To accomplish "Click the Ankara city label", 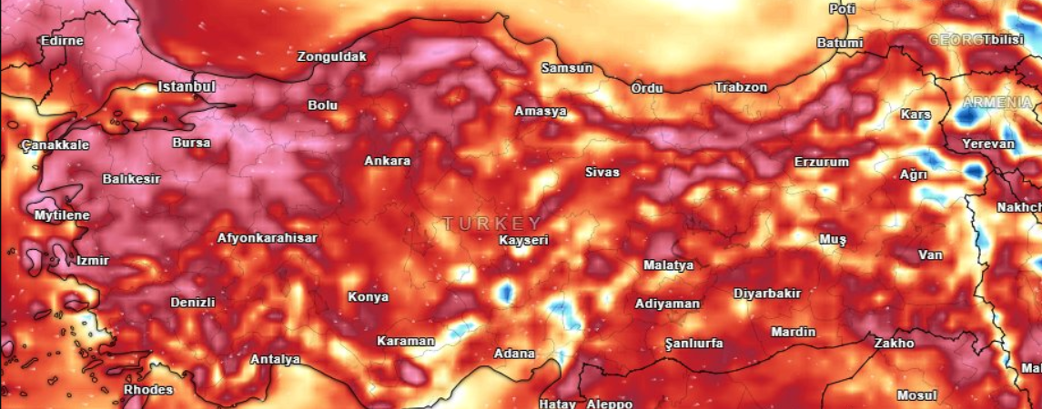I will click(387, 161).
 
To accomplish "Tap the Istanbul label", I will click(187, 87).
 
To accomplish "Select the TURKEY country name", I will click(492, 223).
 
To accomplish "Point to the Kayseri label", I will click(523, 240).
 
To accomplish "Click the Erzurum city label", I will click(821, 162).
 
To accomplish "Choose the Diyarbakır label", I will click(766, 294).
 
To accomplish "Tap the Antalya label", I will click(275, 359).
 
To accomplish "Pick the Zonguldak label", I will click(332, 56).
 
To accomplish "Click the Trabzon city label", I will click(741, 87).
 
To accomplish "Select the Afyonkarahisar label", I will click(267, 238).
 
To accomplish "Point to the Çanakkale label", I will click(55, 145).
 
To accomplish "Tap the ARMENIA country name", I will click(996, 103).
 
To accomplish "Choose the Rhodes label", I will click(147, 390).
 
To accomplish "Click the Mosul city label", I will click(916, 395).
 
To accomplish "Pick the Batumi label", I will click(839, 43).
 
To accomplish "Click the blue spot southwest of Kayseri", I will click(504, 292).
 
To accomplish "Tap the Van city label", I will click(930, 255).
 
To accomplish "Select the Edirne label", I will click(62, 41).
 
